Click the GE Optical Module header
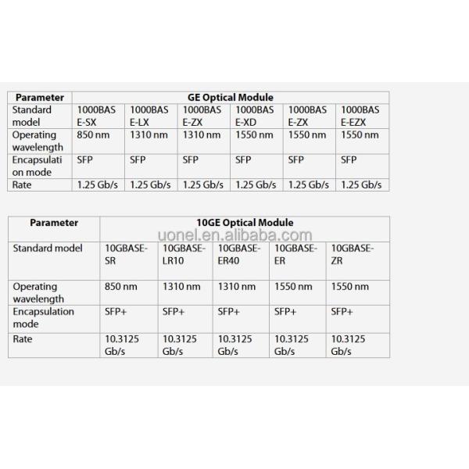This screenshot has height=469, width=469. tap(230, 98)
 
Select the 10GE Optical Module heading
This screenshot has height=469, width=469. tap(245, 223)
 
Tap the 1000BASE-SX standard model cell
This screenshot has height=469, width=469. tap(95, 116)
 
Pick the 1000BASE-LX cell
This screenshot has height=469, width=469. tap(149, 116)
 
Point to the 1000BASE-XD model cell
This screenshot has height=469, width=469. tap(255, 116)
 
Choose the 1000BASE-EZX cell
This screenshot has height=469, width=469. tap(360, 116)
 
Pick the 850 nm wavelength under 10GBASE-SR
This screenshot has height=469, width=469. tap(120, 287)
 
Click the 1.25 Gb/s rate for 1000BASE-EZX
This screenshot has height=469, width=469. tap(360, 184)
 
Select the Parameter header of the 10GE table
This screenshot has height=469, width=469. tap(54, 223)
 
